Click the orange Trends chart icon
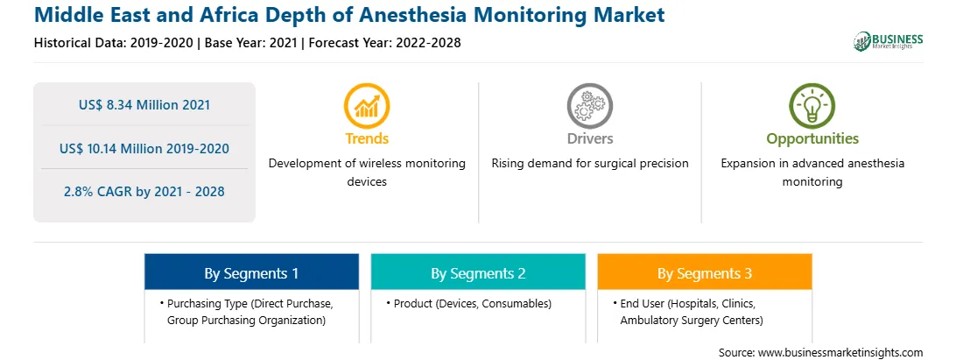pos(367,106)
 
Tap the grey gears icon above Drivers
pos(589,106)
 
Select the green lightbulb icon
pos(812,106)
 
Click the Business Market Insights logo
pos(889,41)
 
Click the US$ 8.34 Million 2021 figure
pos(144,105)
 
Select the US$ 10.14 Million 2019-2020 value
pos(144,148)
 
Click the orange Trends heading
pos(367,138)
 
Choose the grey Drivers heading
pos(590,138)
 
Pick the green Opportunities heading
pos(812,139)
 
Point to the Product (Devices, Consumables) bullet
pos(469,303)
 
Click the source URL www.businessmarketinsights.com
pos(840,352)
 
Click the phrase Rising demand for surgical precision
pos(590,163)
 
